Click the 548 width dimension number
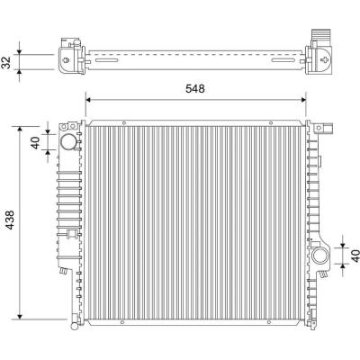195,89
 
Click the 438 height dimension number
10,220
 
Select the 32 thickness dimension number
6,62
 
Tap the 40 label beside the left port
35,143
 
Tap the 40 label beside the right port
355,256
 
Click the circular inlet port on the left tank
68,142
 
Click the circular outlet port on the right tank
319,256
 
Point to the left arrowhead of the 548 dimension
88,100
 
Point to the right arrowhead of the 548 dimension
303,100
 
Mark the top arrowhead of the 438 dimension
20,129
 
